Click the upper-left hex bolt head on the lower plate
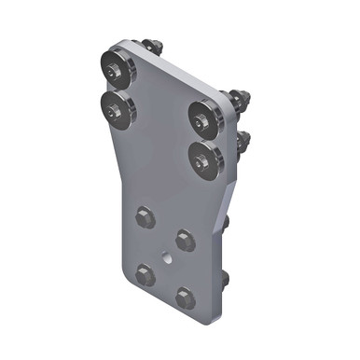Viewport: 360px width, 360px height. coord(144,217)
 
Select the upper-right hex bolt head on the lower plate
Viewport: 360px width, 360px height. coord(185,241)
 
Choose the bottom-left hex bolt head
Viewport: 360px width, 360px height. coord(144,273)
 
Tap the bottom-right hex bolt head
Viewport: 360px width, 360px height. coord(184,298)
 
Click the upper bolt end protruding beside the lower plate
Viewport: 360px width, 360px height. coord(228,223)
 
